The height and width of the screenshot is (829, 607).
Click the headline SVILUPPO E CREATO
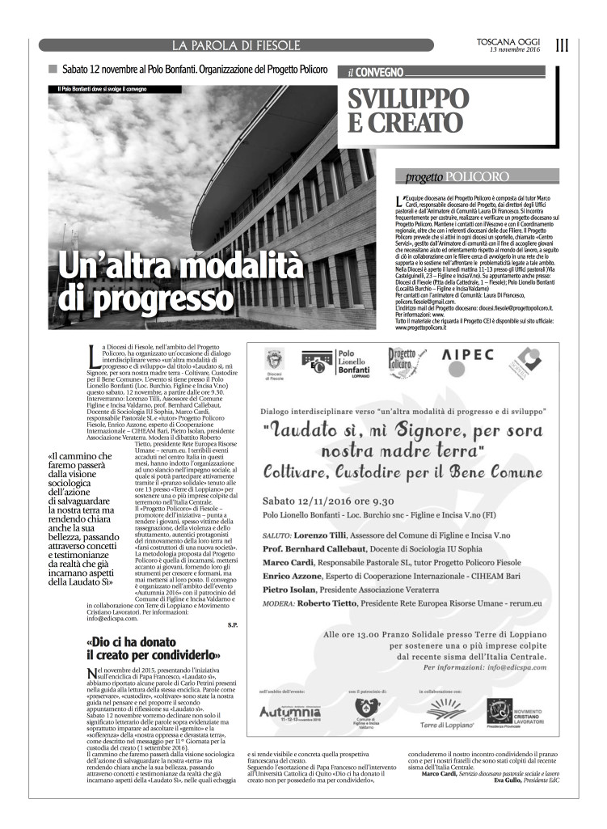408,110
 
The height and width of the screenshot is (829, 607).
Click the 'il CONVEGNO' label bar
377,71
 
